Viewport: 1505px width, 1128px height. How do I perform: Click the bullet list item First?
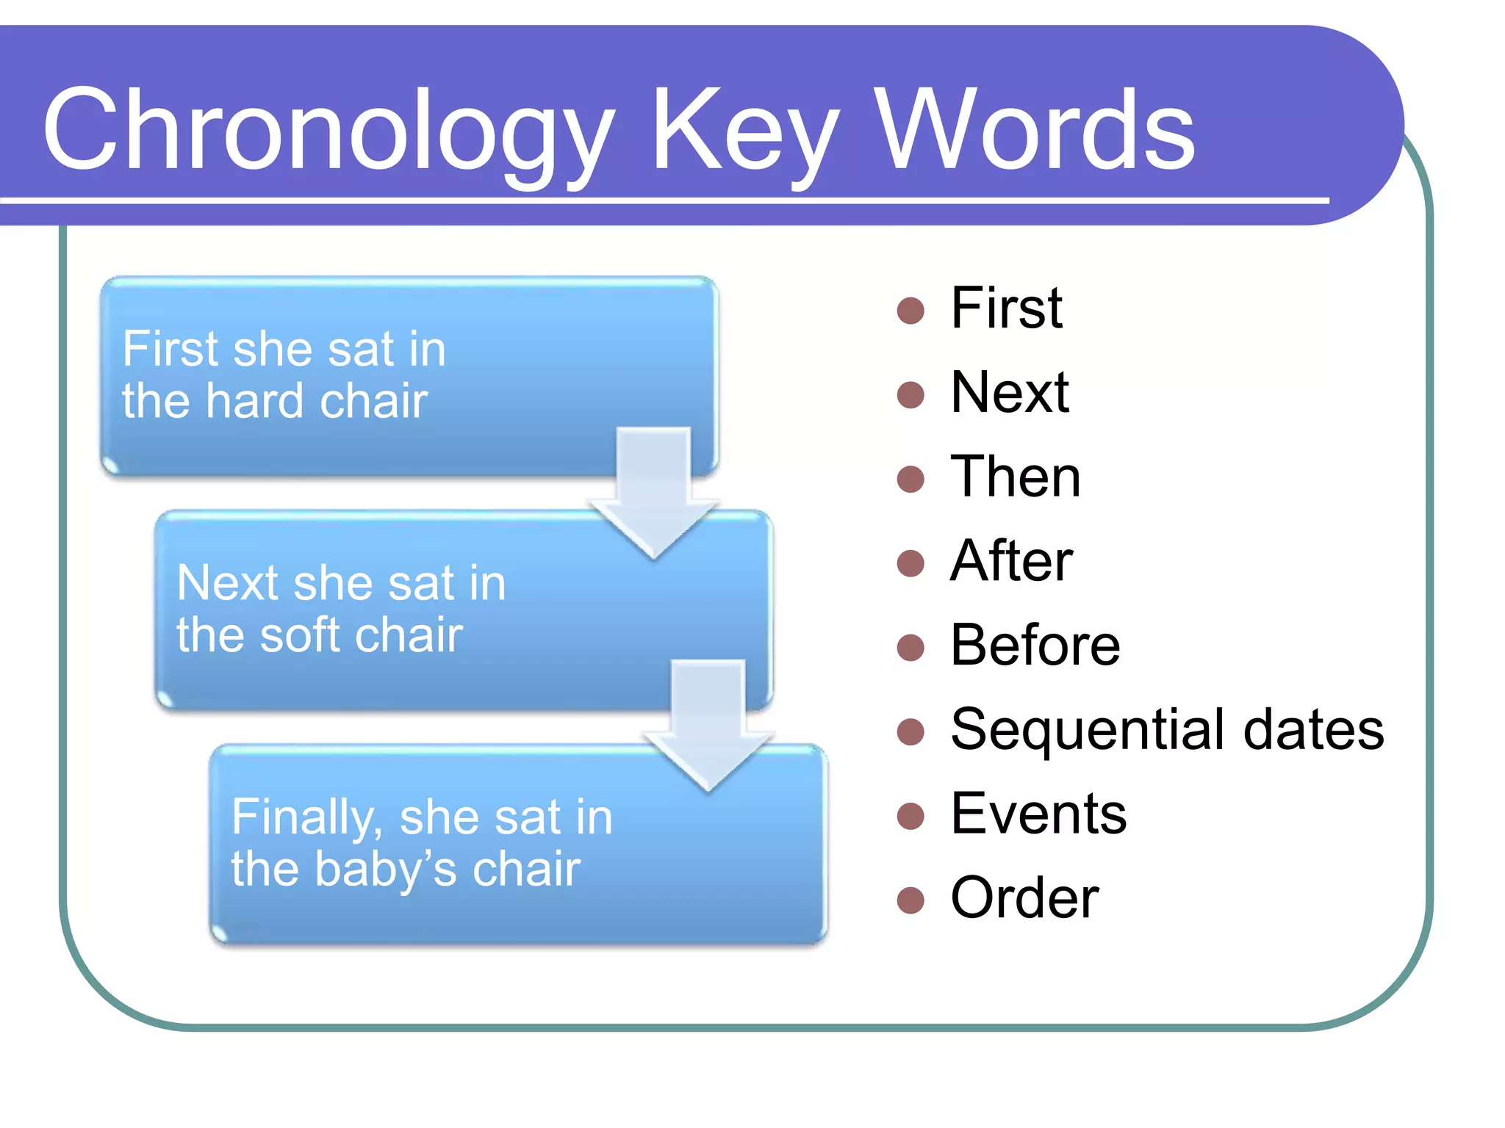1006,308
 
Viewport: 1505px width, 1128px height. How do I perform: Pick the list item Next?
1009,392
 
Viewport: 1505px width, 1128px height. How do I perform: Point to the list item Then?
1015,477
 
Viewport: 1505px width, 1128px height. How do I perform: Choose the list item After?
1011,561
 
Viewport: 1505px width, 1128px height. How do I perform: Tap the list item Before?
1035,646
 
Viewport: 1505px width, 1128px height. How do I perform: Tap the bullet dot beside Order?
910,900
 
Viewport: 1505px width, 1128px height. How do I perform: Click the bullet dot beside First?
910,310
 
